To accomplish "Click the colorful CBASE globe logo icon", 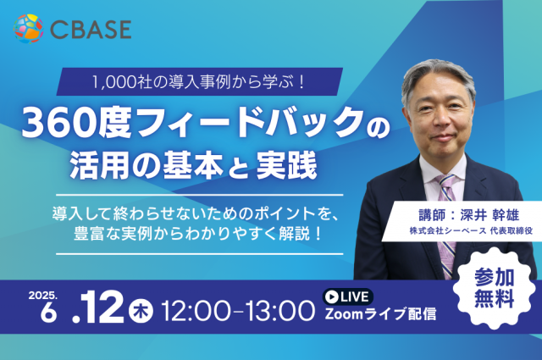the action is tap(28, 29).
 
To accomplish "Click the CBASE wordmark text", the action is tap(91, 30).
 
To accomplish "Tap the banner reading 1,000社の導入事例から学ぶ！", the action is tap(200, 81).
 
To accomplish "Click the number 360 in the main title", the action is tap(59, 124).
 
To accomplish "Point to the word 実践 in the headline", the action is tap(286, 166).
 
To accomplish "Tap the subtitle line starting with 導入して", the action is tap(196, 213).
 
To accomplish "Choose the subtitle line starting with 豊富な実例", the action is tap(197, 234).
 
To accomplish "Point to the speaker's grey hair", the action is tap(438, 79).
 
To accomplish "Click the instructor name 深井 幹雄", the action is tap(489, 215).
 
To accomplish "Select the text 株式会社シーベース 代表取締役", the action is tap(471, 230).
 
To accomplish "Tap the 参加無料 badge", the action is tap(494, 288).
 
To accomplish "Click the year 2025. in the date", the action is tap(43, 296).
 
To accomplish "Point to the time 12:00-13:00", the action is tap(238, 311).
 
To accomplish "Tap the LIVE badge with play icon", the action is tap(348, 296).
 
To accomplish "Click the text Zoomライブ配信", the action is tap(380, 314).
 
